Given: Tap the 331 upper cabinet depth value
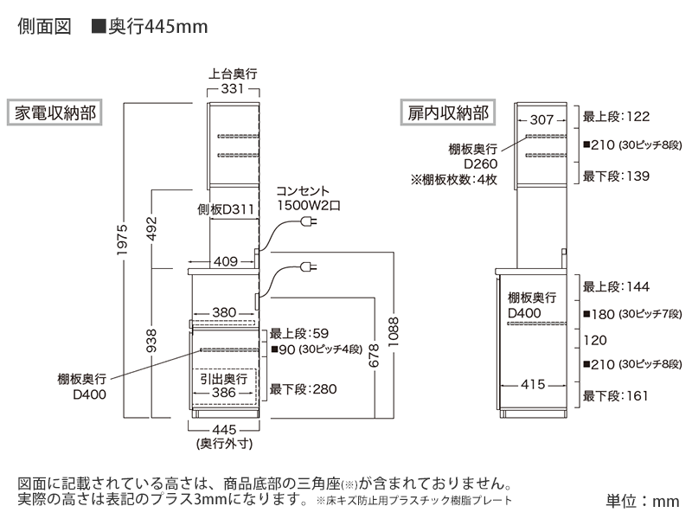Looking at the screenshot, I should pyautogui.click(x=234, y=89).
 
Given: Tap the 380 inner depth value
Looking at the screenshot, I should pyautogui.click(x=223, y=313).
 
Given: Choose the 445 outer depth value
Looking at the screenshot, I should pyautogui.click(x=224, y=430).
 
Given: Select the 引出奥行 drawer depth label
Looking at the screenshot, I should pyautogui.click(x=224, y=379).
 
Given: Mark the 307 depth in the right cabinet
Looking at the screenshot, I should pyautogui.click(x=541, y=120).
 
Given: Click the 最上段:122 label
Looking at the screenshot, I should pyautogui.click(x=616, y=116).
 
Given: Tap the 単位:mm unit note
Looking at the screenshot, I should pyautogui.click(x=642, y=501).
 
